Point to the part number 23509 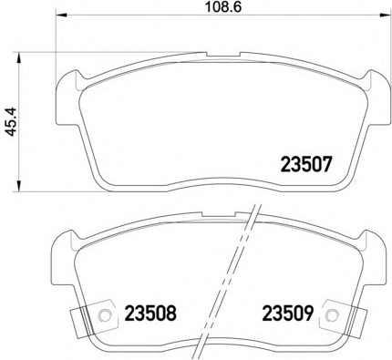pos(287,315)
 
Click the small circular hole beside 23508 pos(105,316)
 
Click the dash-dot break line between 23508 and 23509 pos(226,292)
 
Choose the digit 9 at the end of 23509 pos(309,315)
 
